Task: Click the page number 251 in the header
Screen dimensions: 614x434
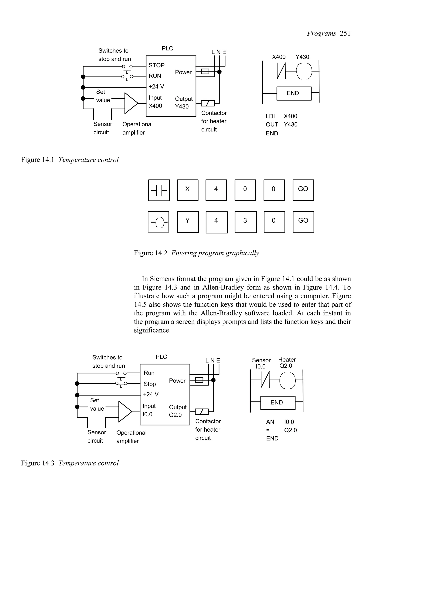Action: click(345, 33)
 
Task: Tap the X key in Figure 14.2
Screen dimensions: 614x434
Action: click(188, 190)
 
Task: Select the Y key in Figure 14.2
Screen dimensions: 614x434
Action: click(188, 222)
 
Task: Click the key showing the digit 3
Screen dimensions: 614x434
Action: click(245, 222)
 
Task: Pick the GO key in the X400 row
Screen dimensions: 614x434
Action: click(303, 190)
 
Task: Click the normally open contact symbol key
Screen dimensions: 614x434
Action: click(159, 190)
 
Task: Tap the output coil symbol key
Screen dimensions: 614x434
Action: click(158, 222)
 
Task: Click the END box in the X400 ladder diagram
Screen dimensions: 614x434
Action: click(294, 93)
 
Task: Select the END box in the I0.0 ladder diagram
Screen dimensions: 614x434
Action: click(278, 403)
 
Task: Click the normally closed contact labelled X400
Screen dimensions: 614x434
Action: click(281, 71)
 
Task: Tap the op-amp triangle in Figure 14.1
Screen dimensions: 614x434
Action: click(131, 103)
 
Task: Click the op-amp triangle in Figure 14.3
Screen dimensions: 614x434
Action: click(124, 412)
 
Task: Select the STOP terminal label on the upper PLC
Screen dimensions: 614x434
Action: click(156, 65)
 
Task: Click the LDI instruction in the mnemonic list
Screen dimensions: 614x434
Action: click(270, 116)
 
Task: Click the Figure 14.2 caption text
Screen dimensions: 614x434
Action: click(196, 253)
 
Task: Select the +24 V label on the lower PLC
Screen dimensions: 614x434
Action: click(150, 394)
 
